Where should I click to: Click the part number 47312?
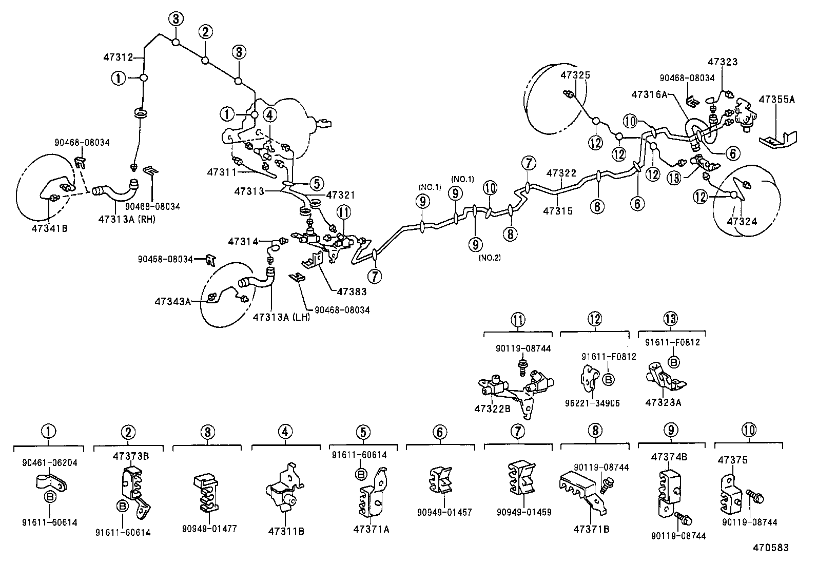[x=119, y=57]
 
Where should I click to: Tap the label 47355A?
[x=776, y=100]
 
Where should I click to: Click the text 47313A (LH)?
[x=282, y=318]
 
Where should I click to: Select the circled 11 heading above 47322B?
[x=518, y=319]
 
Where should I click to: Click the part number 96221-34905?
[x=593, y=403]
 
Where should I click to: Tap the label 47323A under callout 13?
[x=665, y=403]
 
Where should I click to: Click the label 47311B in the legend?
[x=285, y=531]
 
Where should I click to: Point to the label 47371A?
[x=371, y=529]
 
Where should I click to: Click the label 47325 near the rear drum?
[x=575, y=75]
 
